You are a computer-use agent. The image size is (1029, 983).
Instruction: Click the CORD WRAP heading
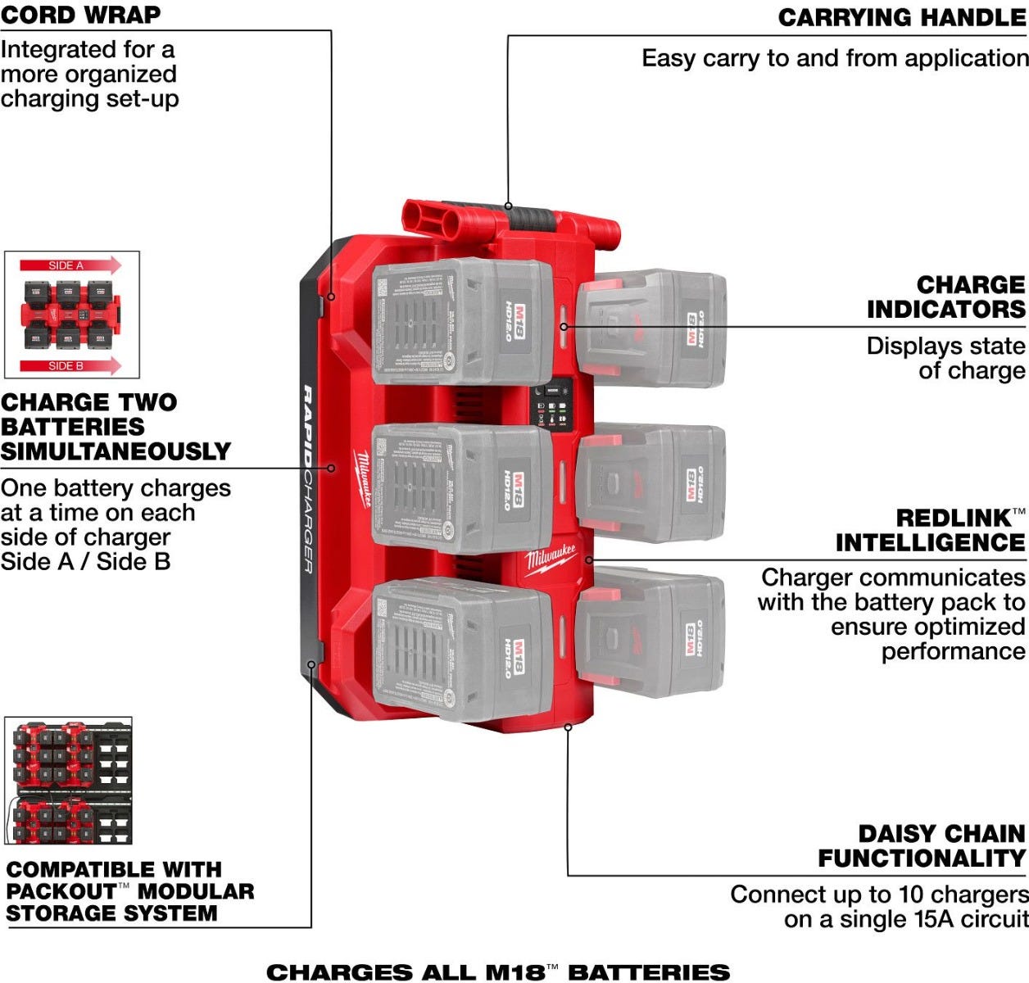pos(80,14)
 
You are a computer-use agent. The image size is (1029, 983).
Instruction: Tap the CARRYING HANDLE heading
pos(902,18)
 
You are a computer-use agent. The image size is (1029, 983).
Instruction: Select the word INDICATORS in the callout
pos(945,310)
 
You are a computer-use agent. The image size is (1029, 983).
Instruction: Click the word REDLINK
pos(954,519)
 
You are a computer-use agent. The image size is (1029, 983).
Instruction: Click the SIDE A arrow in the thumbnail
pos(70,265)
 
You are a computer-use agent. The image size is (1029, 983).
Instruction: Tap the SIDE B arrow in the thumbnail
pos(70,365)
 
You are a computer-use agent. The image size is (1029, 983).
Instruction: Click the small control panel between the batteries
pos(553,404)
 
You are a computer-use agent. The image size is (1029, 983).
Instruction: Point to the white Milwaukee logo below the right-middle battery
pos(551,559)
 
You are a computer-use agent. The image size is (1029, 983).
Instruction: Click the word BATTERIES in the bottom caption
pos(649,972)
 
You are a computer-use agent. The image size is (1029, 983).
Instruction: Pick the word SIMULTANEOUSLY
pos(116,451)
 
